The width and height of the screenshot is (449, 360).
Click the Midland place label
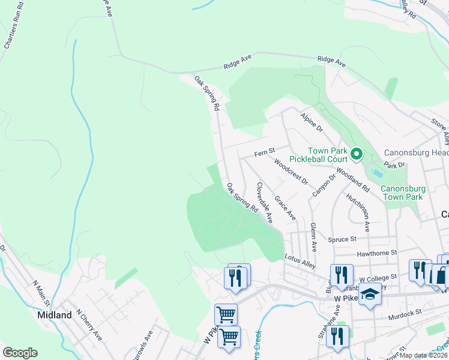54,314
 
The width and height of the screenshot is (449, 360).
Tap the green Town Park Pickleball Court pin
356,155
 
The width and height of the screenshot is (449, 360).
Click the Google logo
20,353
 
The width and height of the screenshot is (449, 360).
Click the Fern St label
264,153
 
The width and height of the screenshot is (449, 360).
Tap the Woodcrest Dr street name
291,172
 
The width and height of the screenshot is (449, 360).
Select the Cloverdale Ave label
265,203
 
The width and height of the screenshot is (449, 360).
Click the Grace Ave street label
285,206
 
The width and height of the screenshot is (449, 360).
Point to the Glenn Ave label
313,236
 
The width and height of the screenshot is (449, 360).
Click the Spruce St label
342,239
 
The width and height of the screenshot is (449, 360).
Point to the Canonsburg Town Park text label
411,193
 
